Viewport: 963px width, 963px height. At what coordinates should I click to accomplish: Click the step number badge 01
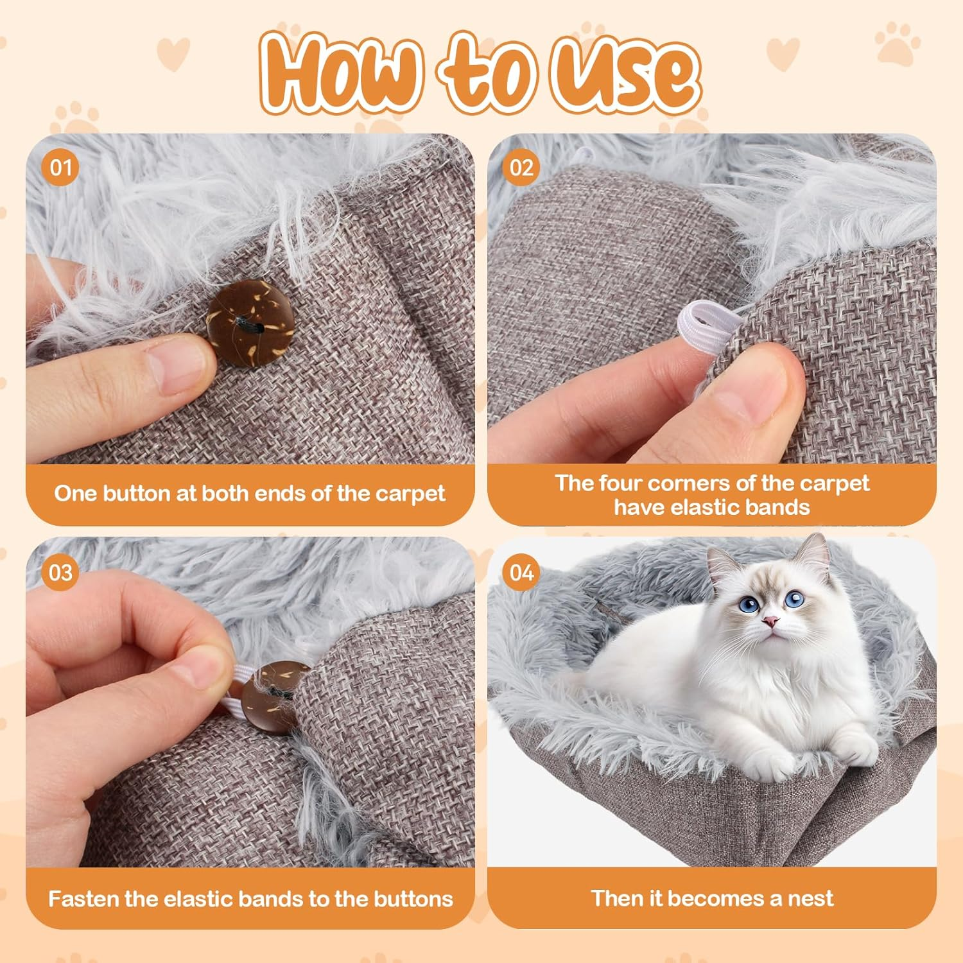(x=60, y=168)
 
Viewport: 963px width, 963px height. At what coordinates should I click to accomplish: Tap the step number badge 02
(x=521, y=168)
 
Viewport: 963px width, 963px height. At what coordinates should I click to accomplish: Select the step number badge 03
(x=60, y=572)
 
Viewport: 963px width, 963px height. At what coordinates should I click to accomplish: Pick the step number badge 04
(x=521, y=572)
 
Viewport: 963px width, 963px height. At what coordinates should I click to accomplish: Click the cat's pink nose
(x=770, y=621)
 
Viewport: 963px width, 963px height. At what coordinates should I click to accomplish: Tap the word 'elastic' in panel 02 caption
(x=698, y=507)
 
